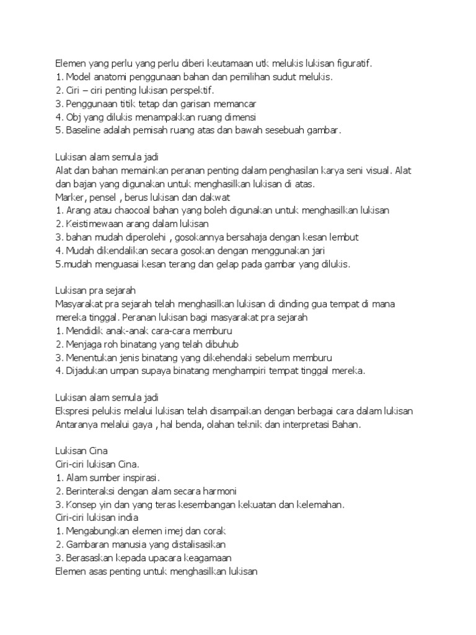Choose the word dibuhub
click(x=218, y=344)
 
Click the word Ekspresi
click(x=73, y=411)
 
